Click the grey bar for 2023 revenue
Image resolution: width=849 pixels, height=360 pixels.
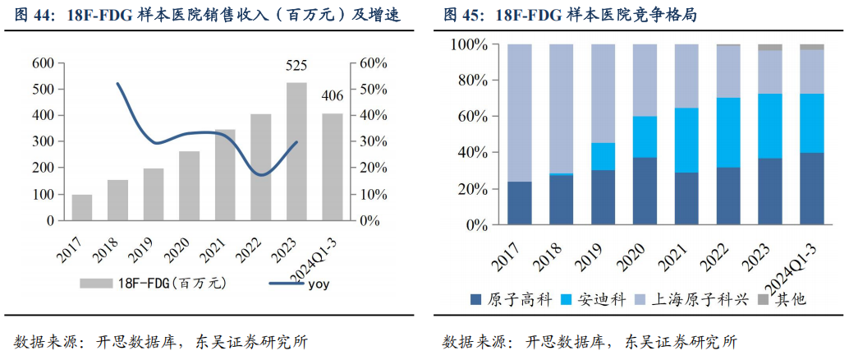pyautogui.click(x=296, y=152)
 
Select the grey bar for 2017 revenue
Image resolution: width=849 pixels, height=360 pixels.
pyautogui.click(x=82, y=208)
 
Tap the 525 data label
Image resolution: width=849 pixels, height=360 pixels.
pyautogui.click(x=296, y=66)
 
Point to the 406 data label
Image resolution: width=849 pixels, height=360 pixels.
pyautogui.click(x=333, y=96)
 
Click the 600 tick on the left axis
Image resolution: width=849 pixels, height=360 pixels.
pyautogui.click(x=43, y=63)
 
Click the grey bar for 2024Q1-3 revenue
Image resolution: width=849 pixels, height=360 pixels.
pyautogui.click(x=333, y=168)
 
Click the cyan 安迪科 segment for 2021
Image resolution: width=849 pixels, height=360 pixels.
pyautogui.click(x=686, y=140)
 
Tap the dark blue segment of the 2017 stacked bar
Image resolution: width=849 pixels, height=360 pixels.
pyautogui.click(x=519, y=203)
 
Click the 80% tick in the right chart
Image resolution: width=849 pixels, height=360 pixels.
pyautogui.click(x=471, y=81)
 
